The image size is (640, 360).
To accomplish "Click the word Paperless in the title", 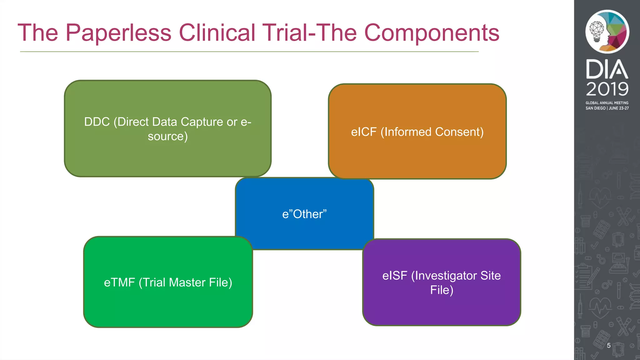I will pyautogui.click(x=118, y=32).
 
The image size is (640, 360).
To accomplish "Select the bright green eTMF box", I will pyautogui.click(x=168, y=306).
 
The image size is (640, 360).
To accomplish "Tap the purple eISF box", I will pyautogui.click(x=441, y=309).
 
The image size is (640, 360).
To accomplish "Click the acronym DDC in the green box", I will pyautogui.click(x=97, y=122).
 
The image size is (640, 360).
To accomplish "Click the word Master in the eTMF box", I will pyautogui.click(x=187, y=282).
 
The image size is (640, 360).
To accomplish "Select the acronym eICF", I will pyautogui.click(x=364, y=132).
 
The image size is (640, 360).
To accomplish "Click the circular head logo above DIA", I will pyautogui.click(x=607, y=31).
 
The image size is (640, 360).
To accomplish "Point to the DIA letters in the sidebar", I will pyautogui.click(x=607, y=69).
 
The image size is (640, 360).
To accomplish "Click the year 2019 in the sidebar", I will pyautogui.click(x=607, y=89).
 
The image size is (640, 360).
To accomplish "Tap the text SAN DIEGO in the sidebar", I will pyautogui.click(x=595, y=108).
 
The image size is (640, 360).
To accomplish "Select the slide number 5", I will pyautogui.click(x=608, y=345).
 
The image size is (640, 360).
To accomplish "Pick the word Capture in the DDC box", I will pyautogui.click(x=202, y=122).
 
